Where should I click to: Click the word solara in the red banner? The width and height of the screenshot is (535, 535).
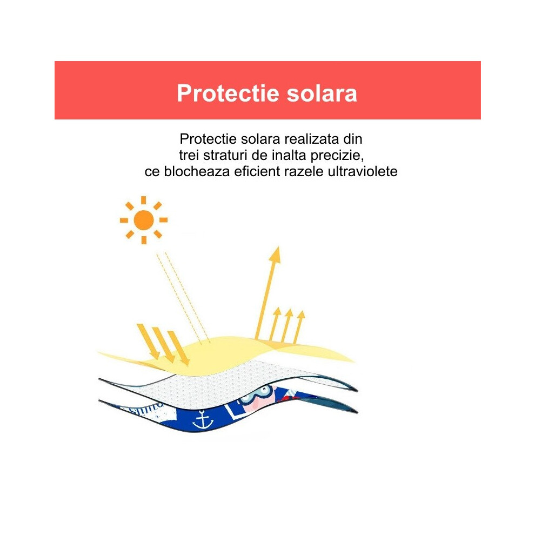point(322,93)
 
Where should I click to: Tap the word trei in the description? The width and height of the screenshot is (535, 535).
point(189,155)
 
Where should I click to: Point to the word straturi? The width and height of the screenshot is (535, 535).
point(225,155)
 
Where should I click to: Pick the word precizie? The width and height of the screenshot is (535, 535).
point(337,156)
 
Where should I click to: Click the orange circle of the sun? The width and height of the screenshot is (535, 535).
point(144,220)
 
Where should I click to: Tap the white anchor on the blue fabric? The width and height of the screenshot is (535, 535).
point(203,420)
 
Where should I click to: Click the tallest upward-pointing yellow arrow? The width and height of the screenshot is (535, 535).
point(268,293)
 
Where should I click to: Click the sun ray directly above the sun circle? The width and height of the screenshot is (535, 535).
point(144,200)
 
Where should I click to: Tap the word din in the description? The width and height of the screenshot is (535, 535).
point(353,139)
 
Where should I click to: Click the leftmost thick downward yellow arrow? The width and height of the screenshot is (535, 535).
point(149,342)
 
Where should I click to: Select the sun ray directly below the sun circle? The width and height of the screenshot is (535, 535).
point(144,240)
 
